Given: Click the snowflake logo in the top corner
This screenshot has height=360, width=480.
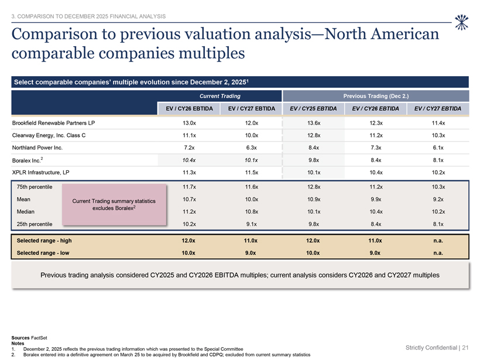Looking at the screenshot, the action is (461, 22).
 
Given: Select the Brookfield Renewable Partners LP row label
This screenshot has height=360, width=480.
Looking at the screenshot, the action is (54, 123).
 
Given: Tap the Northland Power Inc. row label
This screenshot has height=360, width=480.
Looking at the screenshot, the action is (37, 148).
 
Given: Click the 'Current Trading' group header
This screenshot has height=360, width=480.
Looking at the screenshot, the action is (220, 96).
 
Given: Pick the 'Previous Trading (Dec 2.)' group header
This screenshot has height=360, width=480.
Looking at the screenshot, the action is (376, 96).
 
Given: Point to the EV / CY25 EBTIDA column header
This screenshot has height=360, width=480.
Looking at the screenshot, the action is (313, 108).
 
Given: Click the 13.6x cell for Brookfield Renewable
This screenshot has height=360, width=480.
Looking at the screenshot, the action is (314, 123).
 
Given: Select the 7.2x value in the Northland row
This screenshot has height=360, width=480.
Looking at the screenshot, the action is (189, 148).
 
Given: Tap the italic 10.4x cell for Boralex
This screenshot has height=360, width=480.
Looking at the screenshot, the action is (189, 160).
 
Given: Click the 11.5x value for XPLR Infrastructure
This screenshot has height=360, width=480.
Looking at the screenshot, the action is (251, 172).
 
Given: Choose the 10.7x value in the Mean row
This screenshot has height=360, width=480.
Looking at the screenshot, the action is (189, 199).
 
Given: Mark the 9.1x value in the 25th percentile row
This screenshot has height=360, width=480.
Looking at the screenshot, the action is (251, 224).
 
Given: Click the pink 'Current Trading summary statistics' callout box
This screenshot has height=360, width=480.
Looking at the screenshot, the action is (114, 204).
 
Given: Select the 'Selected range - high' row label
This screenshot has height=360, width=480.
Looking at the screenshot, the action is (44, 241).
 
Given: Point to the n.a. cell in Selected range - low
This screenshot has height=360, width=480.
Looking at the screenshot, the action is (438, 253).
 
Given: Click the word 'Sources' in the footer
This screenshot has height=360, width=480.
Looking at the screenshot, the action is (20, 338).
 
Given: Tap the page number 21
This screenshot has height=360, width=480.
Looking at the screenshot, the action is (465, 348).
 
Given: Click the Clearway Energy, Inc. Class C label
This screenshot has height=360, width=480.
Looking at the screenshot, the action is (49, 135).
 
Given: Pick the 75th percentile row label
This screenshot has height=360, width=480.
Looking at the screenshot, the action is (35, 187).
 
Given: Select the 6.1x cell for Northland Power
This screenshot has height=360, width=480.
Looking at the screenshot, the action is (438, 148).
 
